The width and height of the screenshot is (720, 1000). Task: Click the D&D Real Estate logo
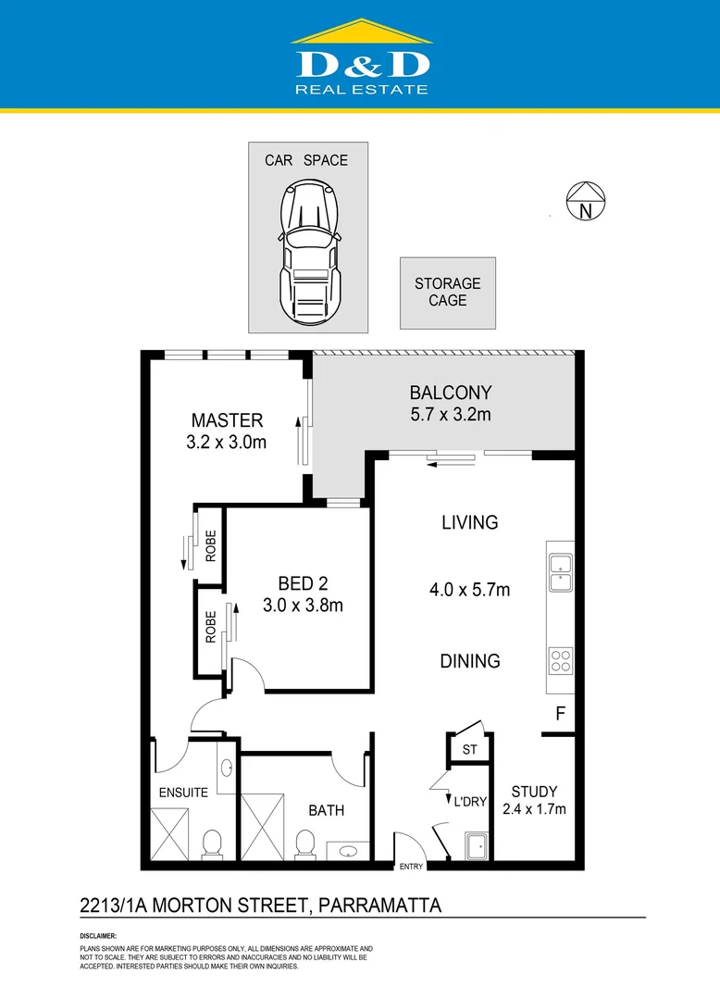pyautogui.click(x=361, y=59)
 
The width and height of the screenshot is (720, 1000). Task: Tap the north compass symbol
pyautogui.click(x=585, y=201)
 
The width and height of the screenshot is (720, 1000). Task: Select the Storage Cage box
pyautogui.click(x=447, y=293)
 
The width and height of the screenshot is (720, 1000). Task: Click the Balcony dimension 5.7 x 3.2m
pyautogui.click(x=451, y=415)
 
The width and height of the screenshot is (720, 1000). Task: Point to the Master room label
pyautogui.click(x=227, y=420)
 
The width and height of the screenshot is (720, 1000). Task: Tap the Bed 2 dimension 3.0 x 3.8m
pyautogui.click(x=303, y=606)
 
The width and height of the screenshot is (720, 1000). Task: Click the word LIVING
pyautogui.click(x=470, y=522)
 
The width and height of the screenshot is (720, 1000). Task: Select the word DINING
pyautogui.click(x=470, y=661)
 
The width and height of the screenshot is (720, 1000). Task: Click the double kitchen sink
pyautogui.click(x=560, y=572)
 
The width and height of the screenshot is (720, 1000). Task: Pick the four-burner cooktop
pyautogui.click(x=561, y=660)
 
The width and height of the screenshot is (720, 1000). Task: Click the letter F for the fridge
pyautogui.click(x=559, y=714)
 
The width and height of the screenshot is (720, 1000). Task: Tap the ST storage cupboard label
pyautogui.click(x=469, y=750)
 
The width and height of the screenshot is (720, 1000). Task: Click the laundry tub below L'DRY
pyautogui.click(x=478, y=846)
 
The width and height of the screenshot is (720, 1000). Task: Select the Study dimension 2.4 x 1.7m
pyautogui.click(x=534, y=808)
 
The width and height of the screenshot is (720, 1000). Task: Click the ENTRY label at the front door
pyautogui.click(x=411, y=867)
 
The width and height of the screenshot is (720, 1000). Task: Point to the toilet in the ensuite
pyautogui.click(x=211, y=844)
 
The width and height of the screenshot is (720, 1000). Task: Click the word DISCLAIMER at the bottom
pyautogui.click(x=98, y=936)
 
